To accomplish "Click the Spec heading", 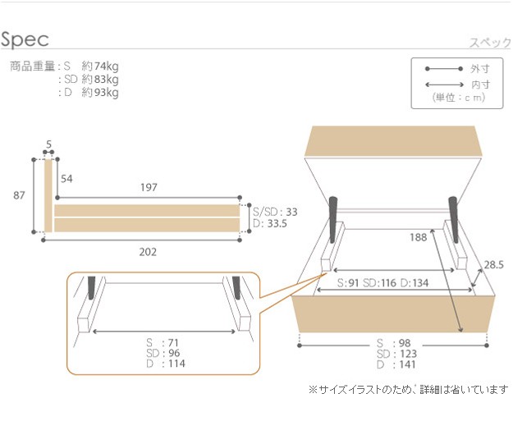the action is (x=25, y=39).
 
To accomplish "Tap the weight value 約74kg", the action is (x=100, y=66).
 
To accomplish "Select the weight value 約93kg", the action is (x=100, y=93).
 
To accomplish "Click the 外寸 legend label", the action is (x=480, y=69).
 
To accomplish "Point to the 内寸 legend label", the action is (x=480, y=85).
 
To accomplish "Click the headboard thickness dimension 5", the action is (x=48, y=144).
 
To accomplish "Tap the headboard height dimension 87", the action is (x=19, y=195).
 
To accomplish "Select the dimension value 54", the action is (x=66, y=179).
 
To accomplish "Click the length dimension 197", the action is (x=149, y=187).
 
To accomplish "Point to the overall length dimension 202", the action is (x=148, y=252).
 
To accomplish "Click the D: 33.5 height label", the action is (x=270, y=224).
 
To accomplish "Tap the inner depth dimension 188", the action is (x=419, y=237).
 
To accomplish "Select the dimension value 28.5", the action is (x=493, y=264).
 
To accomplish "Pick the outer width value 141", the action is (x=407, y=364).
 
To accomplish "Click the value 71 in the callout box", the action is (x=173, y=342).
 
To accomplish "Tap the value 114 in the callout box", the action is (x=176, y=364).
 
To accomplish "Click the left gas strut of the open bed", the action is (x=333, y=219).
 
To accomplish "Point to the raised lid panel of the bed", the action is (x=394, y=141).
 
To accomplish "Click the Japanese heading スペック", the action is (x=490, y=43).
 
